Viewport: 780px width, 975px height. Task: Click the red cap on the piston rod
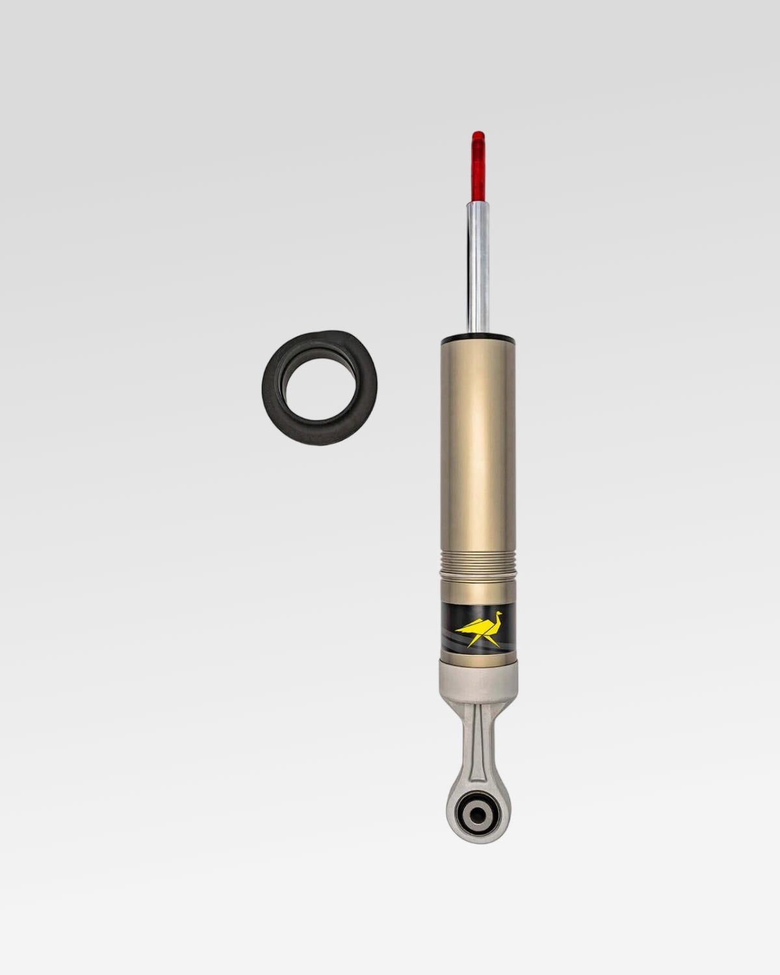coord(478,166)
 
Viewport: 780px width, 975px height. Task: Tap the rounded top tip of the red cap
coord(478,133)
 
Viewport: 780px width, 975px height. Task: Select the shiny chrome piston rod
coord(478,266)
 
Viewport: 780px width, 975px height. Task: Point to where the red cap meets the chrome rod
coord(478,201)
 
